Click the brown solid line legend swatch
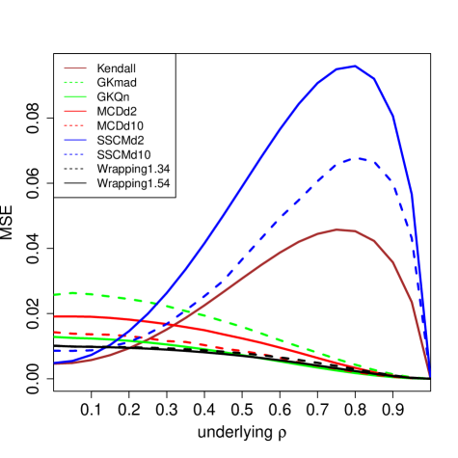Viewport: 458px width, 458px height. (x=75, y=68)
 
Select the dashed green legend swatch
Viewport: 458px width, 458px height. (x=75, y=83)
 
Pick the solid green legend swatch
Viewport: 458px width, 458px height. (x=75, y=97)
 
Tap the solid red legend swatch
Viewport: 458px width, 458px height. (x=75, y=112)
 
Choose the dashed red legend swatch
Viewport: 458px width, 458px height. (x=75, y=125)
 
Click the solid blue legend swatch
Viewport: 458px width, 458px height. (x=75, y=140)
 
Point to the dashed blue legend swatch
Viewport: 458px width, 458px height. (x=75, y=154)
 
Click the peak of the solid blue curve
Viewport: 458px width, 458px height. (x=354, y=66)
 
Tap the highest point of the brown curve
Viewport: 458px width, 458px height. (x=338, y=229)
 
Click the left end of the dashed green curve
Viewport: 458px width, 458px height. (x=55, y=294)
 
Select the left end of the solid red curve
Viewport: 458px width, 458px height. (x=55, y=316)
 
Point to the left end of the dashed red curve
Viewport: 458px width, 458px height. (x=55, y=333)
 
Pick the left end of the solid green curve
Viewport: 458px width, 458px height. (x=55, y=337)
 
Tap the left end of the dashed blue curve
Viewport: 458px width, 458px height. (x=55, y=351)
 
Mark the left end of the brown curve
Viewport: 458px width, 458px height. (x=55, y=364)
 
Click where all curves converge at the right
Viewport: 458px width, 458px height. (x=429, y=377)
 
